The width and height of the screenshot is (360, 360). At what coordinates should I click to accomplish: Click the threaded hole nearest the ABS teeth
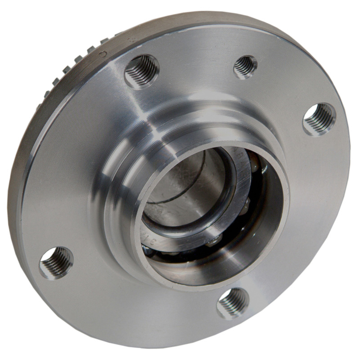(x=141, y=70)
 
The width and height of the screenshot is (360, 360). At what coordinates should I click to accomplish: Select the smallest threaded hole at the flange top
(x=245, y=66)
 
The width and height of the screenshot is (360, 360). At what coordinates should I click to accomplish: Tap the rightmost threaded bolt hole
(x=319, y=119)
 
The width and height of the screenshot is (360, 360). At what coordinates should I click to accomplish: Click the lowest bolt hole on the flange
(x=233, y=303)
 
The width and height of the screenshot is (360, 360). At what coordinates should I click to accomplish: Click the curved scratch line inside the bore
(x=180, y=198)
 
